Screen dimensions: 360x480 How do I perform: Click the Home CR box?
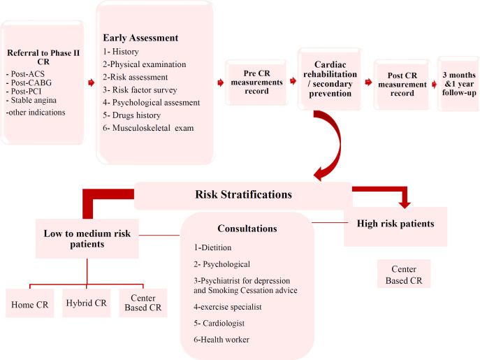point(29,304)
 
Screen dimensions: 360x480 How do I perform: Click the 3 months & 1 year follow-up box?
point(458,84)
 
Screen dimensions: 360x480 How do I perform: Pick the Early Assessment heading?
point(141,38)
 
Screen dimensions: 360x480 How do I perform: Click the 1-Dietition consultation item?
point(214,247)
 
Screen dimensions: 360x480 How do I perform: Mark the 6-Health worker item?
point(222,340)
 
